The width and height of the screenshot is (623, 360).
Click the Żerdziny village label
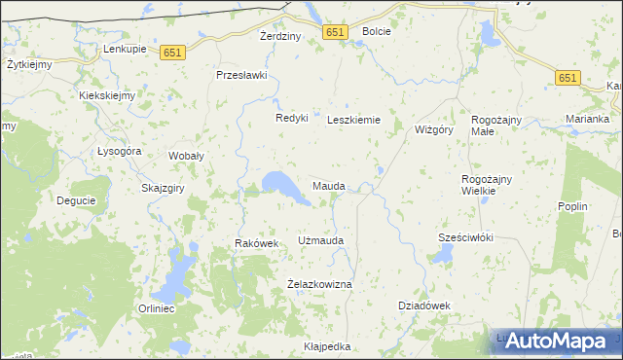click(280, 36)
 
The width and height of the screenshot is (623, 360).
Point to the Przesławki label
click(241, 75)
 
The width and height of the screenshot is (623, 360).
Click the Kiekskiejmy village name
click(107, 96)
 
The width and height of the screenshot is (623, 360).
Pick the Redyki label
click(291, 118)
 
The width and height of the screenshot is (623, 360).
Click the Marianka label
click(587, 120)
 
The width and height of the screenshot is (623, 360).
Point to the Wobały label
click(186, 156)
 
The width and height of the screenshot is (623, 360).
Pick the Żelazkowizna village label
click(319, 284)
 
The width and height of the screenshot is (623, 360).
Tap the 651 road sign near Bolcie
click(335, 32)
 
